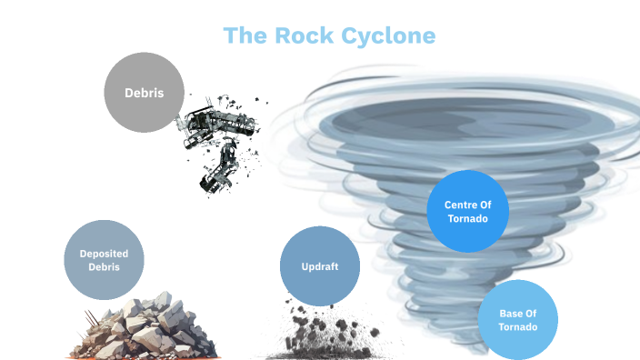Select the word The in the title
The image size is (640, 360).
pyautogui.click(x=245, y=36)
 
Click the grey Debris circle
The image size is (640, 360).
pyautogui.click(x=144, y=92)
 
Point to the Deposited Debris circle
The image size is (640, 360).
pyautogui.click(x=105, y=260)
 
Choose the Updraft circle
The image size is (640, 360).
pyautogui.click(x=319, y=266)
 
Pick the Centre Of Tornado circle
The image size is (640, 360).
pyautogui.click(x=467, y=211)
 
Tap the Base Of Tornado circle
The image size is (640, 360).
pyautogui.click(x=517, y=320)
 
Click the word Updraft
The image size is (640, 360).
pyautogui.click(x=319, y=266)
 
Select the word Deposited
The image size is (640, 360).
pyautogui.click(x=105, y=253)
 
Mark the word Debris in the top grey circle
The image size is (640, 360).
pyautogui.click(x=145, y=92)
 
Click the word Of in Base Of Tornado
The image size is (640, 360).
pyautogui.click(x=531, y=314)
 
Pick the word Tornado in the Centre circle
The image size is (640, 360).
pyautogui.click(x=467, y=219)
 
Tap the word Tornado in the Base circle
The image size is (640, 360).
pyautogui.click(x=517, y=327)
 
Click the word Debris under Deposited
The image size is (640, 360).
pyautogui.click(x=105, y=267)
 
